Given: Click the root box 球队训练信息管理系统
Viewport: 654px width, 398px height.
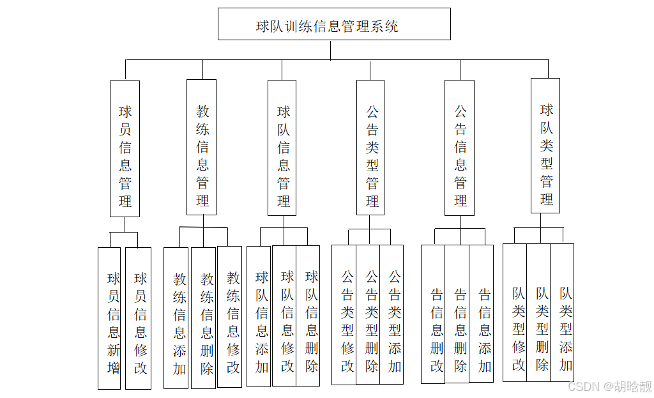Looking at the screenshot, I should click(x=333, y=24).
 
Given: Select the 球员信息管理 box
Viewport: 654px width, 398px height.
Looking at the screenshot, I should click(x=125, y=148).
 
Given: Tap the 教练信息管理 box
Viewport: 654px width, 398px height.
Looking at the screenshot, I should click(x=201, y=147).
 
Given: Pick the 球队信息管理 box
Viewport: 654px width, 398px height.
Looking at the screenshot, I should click(x=282, y=148).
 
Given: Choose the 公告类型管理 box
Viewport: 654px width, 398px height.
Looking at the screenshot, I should click(x=370, y=148).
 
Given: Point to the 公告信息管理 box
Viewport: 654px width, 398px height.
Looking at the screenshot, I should click(x=459, y=148).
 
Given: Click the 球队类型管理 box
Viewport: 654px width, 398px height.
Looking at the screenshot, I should click(x=545, y=146).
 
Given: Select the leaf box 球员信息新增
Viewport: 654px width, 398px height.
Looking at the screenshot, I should click(x=109, y=318).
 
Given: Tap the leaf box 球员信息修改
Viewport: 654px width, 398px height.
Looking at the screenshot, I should click(x=139, y=318).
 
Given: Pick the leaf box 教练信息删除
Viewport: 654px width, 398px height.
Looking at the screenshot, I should click(x=204, y=318).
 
